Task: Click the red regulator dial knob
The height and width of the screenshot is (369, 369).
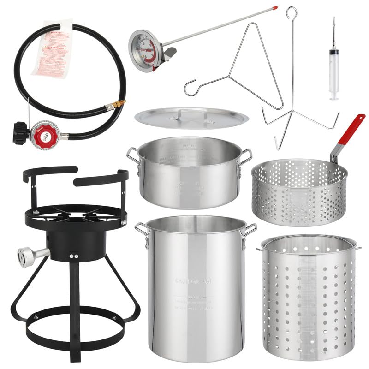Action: (44, 135)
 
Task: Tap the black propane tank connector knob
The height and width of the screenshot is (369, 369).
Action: (20, 132)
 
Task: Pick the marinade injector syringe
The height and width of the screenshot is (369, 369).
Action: (333, 69)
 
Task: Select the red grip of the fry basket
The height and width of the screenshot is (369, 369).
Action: (351, 130)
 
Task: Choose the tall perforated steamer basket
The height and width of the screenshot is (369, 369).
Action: (308, 298)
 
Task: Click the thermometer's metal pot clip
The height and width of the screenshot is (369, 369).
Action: (169, 53)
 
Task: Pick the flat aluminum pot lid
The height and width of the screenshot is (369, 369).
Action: (191, 118)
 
